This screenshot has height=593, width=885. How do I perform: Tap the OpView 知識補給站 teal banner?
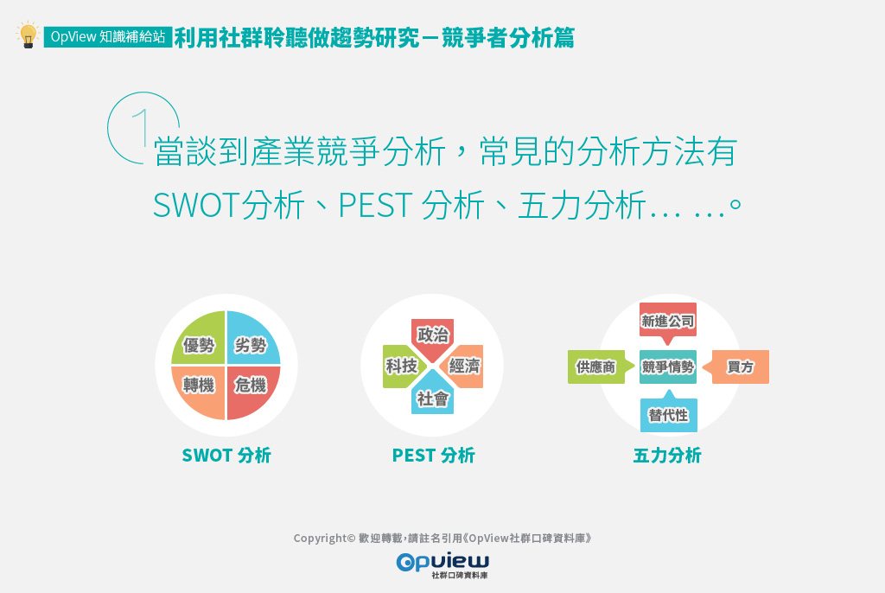[108, 36]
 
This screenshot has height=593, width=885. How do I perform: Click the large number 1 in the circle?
[142, 128]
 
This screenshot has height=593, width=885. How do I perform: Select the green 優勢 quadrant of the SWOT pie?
[198, 338]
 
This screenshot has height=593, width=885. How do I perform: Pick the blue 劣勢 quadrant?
[253, 338]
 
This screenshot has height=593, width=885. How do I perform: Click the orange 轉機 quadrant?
[198, 392]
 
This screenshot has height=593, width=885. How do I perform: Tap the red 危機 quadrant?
[253, 392]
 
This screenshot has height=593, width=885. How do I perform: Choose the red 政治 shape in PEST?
[432, 337]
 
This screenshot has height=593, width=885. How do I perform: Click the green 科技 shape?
[402, 366]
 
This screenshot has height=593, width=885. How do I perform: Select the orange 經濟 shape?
[463, 366]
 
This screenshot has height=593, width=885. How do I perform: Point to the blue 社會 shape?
[432, 395]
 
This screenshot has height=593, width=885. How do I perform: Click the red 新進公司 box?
[668, 321]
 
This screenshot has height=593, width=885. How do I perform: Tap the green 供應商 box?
[598, 367]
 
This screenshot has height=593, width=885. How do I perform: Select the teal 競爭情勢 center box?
[668, 367]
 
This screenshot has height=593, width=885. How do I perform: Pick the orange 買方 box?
[738, 367]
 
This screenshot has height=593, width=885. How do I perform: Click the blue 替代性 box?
[668, 413]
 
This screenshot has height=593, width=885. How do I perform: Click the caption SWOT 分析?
[226, 456]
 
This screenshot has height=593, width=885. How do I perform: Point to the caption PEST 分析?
[434, 456]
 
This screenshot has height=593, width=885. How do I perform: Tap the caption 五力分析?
[667, 456]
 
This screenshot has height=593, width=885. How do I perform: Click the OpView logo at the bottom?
[442, 564]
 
